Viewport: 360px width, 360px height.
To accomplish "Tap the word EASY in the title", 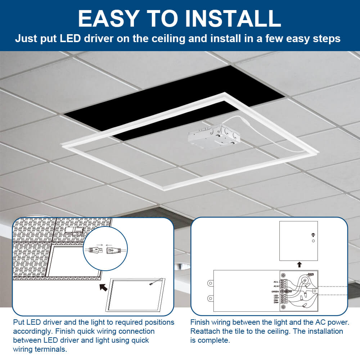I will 105,19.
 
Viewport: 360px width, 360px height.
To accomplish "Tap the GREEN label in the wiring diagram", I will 275,291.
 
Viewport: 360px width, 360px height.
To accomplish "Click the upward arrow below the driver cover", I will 299,265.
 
